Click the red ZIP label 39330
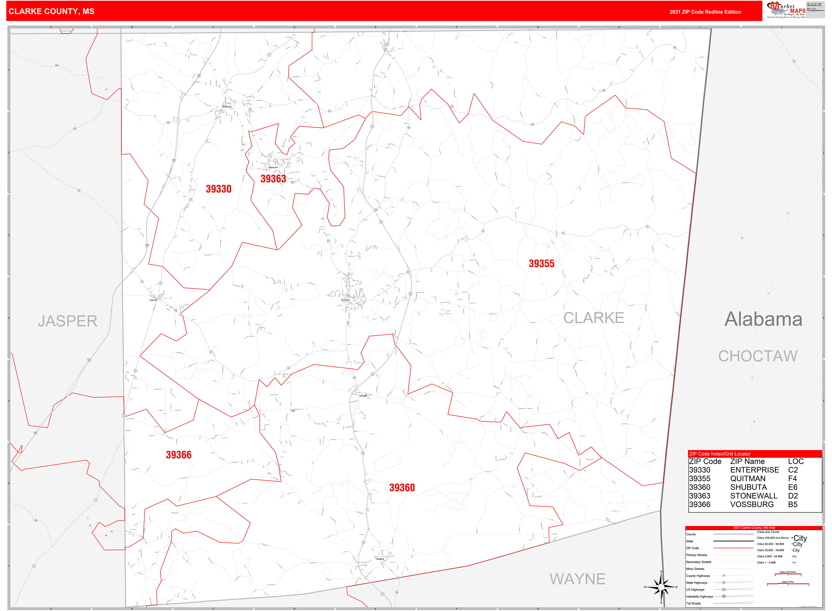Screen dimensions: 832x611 (219, 189)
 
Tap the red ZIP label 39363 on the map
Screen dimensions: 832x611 (273, 179)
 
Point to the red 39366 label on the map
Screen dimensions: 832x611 (179, 455)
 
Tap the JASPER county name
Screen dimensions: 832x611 (68, 321)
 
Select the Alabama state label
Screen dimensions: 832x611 (763, 319)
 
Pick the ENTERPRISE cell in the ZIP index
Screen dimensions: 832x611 (754, 470)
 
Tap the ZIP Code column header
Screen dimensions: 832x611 (705, 462)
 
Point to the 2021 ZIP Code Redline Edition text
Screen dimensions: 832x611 (705, 12)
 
